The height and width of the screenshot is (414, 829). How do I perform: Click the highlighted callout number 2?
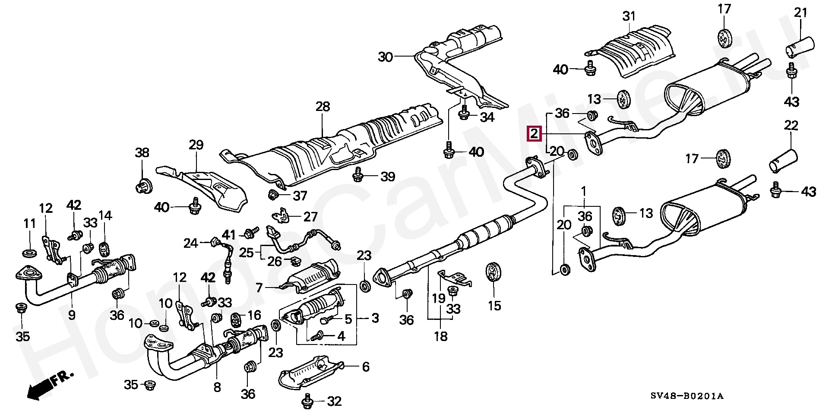pos(535,133)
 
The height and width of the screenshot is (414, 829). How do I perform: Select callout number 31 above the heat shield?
pos(629,16)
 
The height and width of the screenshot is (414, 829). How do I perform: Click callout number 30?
pos(386,57)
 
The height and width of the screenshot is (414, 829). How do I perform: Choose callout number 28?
pos(323,107)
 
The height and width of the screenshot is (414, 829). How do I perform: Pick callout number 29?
pos(196,145)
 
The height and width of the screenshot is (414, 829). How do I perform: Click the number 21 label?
pos(801,13)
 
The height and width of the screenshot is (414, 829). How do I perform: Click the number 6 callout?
pos(366,367)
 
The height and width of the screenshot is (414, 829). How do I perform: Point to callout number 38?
pos(142,152)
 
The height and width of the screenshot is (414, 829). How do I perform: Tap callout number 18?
pos(440,336)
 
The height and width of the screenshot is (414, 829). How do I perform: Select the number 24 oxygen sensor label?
pos(190,243)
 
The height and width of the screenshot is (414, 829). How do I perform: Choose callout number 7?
pos(259,288)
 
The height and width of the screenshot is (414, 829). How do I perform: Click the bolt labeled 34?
pos(465,114)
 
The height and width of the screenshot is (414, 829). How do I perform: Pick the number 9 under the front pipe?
pos(72,315)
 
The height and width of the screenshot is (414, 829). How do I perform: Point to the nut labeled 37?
pos(272,195)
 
